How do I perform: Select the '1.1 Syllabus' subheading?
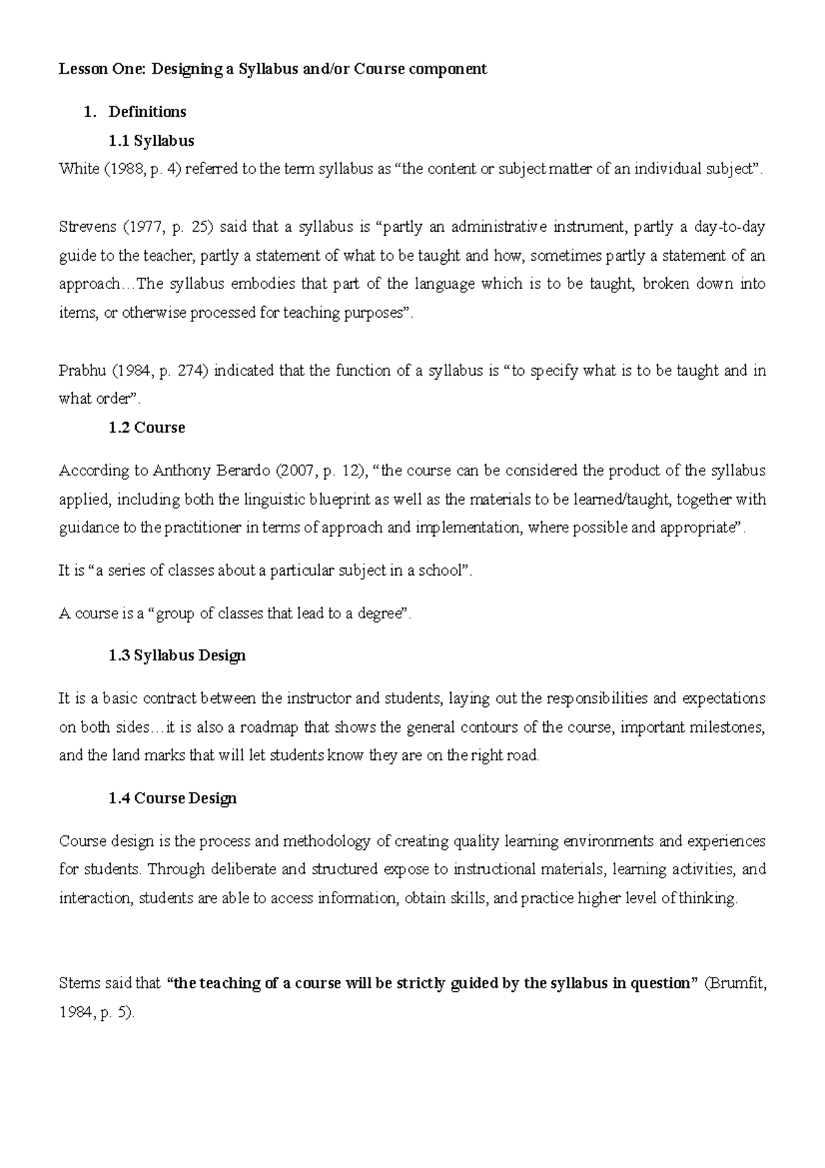(x=151, y=141)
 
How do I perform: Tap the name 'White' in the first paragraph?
(x=78, y=169)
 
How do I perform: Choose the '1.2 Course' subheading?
(x=146, y=428)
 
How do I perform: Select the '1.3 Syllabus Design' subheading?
(x=177, y=656)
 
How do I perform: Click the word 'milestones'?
(x=729, y=727)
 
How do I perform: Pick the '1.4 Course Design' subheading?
(x=173, y=799)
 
